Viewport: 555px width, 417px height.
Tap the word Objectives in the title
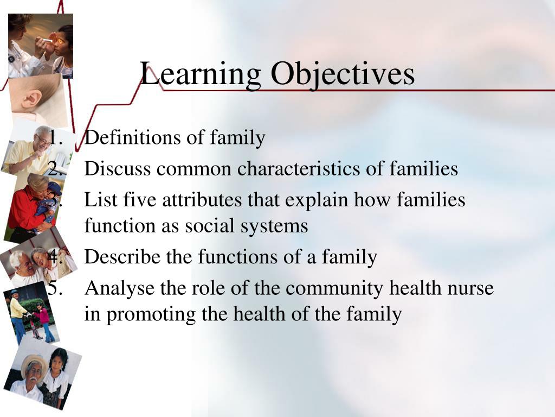point(343,74)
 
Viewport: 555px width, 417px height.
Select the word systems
point(277,225)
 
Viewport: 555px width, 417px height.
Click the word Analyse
point(119,288)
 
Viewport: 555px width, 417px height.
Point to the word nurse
point(471,288)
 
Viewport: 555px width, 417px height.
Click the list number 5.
point(54,288)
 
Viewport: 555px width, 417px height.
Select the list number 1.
point(55,138)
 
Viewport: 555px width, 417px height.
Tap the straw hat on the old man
point(34,362)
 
